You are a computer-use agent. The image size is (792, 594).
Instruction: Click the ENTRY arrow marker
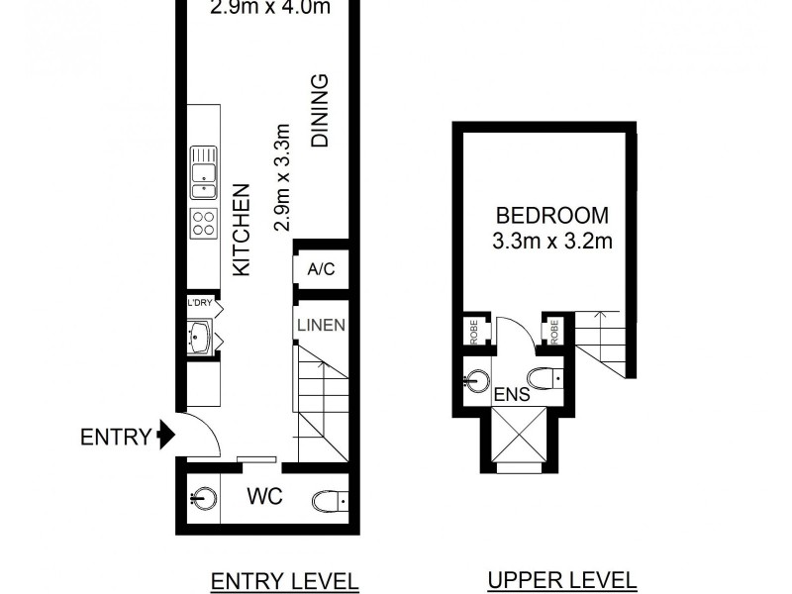pos(165,436)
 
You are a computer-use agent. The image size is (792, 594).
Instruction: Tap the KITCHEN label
pos(241,230)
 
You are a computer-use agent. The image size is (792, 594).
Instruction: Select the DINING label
pos(321,111)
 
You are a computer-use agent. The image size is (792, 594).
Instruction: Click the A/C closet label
pos(321,269)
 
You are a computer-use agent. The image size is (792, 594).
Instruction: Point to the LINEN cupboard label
pos(321,324)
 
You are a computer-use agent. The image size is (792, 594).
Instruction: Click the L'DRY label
pos(200,304)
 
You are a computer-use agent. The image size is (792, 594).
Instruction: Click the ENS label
pos(514,395)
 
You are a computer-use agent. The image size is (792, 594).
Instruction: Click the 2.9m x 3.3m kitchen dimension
pos(281,177)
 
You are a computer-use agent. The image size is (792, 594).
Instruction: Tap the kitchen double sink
pos(204,172)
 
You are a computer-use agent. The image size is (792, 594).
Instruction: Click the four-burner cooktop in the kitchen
pos(204,223)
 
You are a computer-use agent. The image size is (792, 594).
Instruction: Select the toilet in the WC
pos(328,500)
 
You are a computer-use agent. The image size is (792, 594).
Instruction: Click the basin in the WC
pos(202,497)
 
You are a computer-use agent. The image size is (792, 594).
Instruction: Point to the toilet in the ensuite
pos(544,376)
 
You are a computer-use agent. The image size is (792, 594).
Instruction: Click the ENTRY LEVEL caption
pos(285,580)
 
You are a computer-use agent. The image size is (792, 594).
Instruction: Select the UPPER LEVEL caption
pos(562,580)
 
